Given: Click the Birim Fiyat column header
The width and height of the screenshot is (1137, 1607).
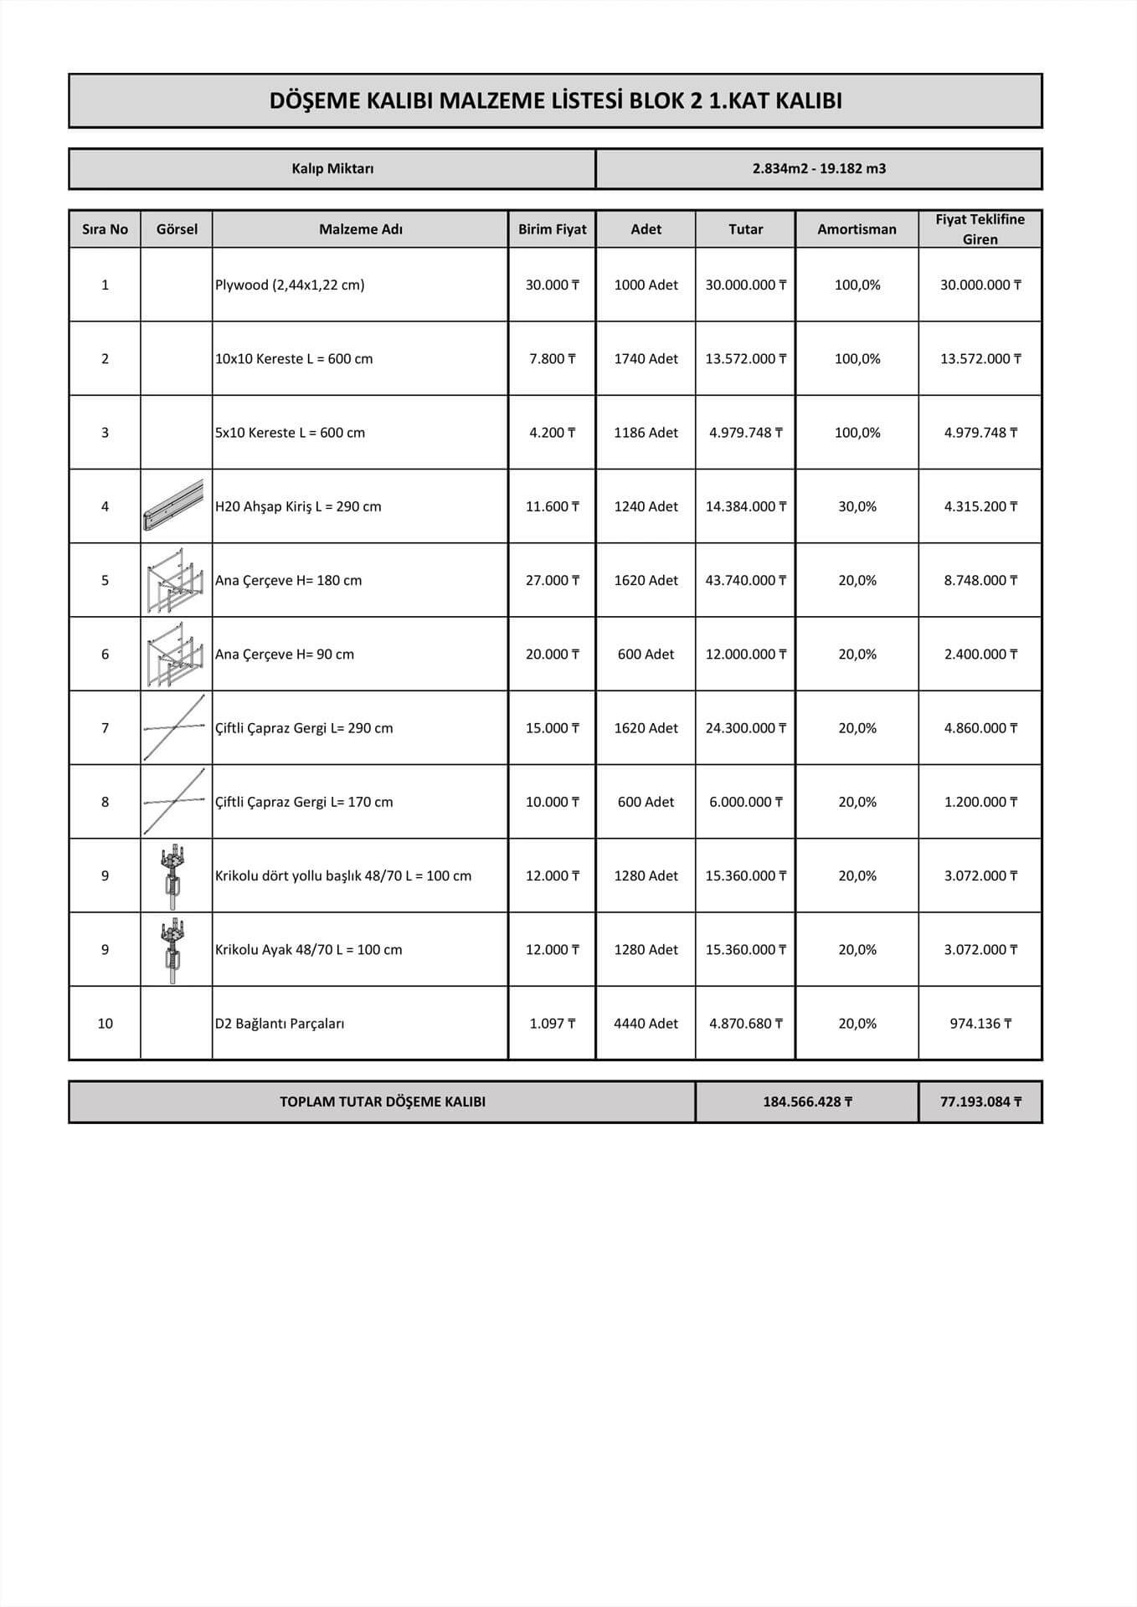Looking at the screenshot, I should (552, 229).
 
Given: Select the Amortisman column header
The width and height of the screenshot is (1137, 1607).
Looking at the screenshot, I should (857, 229).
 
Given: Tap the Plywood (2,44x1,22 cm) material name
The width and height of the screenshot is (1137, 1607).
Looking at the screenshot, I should (290, 285).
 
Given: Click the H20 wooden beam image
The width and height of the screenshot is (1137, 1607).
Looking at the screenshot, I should (173, 506).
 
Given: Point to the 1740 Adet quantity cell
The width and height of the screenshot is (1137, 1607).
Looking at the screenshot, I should (646, 359).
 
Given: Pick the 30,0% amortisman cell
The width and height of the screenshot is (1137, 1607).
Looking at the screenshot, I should (857, 506).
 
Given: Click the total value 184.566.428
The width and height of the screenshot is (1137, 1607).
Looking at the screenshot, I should (807, 1101).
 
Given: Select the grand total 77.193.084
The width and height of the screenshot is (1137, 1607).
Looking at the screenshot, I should (980, 1101).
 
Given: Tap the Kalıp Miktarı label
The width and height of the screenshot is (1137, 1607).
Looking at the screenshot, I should (332, 169).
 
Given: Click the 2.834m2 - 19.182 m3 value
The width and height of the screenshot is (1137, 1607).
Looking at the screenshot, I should (819, 169).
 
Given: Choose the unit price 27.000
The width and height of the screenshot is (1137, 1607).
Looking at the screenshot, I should (552, 580).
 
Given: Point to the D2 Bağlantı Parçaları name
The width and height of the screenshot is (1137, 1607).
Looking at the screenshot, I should (280, 1024).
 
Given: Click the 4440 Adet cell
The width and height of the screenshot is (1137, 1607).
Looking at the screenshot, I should (646, 1024).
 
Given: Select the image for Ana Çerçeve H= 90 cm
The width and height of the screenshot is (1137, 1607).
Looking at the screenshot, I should (174, 654).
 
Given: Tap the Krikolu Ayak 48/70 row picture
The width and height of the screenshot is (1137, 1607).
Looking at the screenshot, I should (174, 949).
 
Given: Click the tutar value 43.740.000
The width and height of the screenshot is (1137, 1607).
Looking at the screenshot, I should (745, 580).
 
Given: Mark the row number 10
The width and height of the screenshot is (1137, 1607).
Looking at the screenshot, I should (105, 1024).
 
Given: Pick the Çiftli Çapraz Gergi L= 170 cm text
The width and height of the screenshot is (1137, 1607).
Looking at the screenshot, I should (304, 802).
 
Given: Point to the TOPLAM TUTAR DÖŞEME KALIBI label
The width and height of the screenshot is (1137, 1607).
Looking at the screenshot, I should (383, 1101).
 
